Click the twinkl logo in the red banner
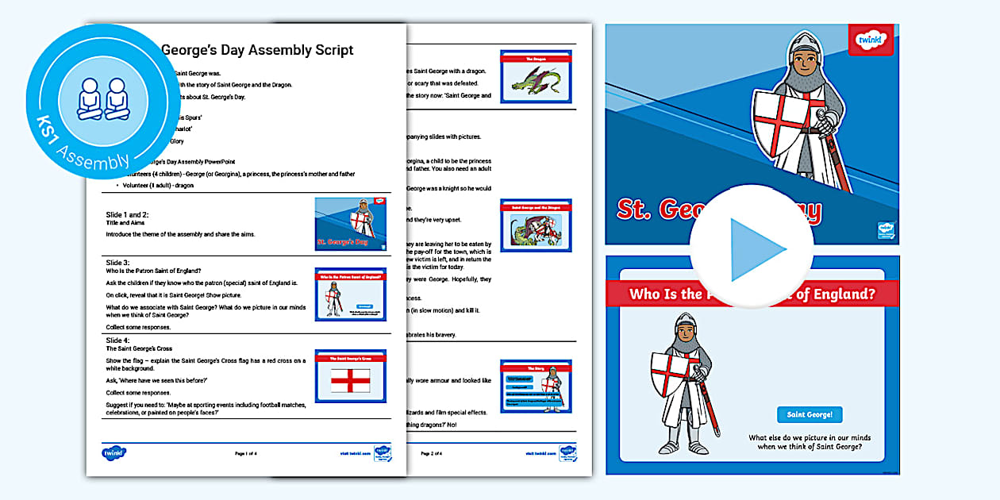click(x=870, y=40)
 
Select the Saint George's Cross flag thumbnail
click(x=350, y=376)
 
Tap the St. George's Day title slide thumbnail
click(x=350, y=225)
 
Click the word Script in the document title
click(x=326, y=50)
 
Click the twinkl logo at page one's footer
click(x=114, y=453)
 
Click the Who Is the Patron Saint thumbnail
click(x=350, y=294)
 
